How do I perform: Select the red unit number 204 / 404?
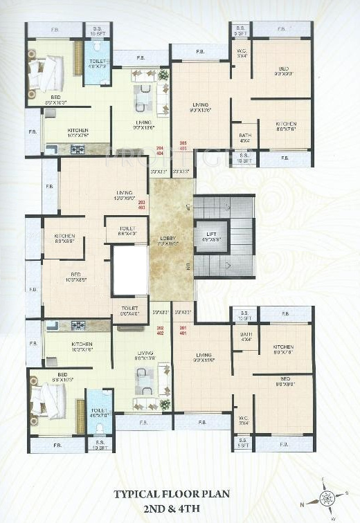[160, 150]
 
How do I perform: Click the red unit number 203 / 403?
[142, 204]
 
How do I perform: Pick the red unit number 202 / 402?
[160, 330]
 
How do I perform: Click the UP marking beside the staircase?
[188, 207]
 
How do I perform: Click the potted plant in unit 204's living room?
[164, 73]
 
